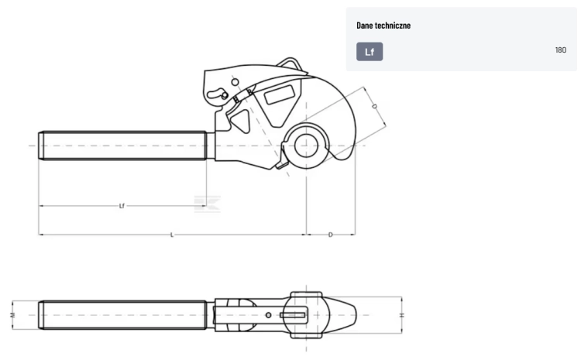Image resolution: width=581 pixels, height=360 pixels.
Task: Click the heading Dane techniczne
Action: pyautogui.click(x=383, y=26)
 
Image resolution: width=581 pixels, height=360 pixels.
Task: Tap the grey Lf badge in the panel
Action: pyautogui.click(x=370, y=51)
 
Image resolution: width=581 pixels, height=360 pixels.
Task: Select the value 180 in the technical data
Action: pyautogui.click(x=561, y=50)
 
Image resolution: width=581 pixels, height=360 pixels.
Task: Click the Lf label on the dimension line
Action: pyautogui.click(x=122, y=206)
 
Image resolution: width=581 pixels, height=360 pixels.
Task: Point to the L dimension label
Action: pyautogui.click(x=172, y=235)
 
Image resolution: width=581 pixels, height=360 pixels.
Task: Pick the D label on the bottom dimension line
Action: pyautogui.click(x=331, y=235)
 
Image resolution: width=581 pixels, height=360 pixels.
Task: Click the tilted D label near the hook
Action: pyautogui.click(x=374, y=106)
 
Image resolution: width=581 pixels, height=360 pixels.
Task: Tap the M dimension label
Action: pyautogui.click(x=12, y=315)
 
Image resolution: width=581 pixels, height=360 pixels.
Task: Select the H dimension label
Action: pyautogui.click(x=401, y=315)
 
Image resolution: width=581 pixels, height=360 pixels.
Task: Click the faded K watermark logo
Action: pyautogui.click(x=207, y=204)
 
